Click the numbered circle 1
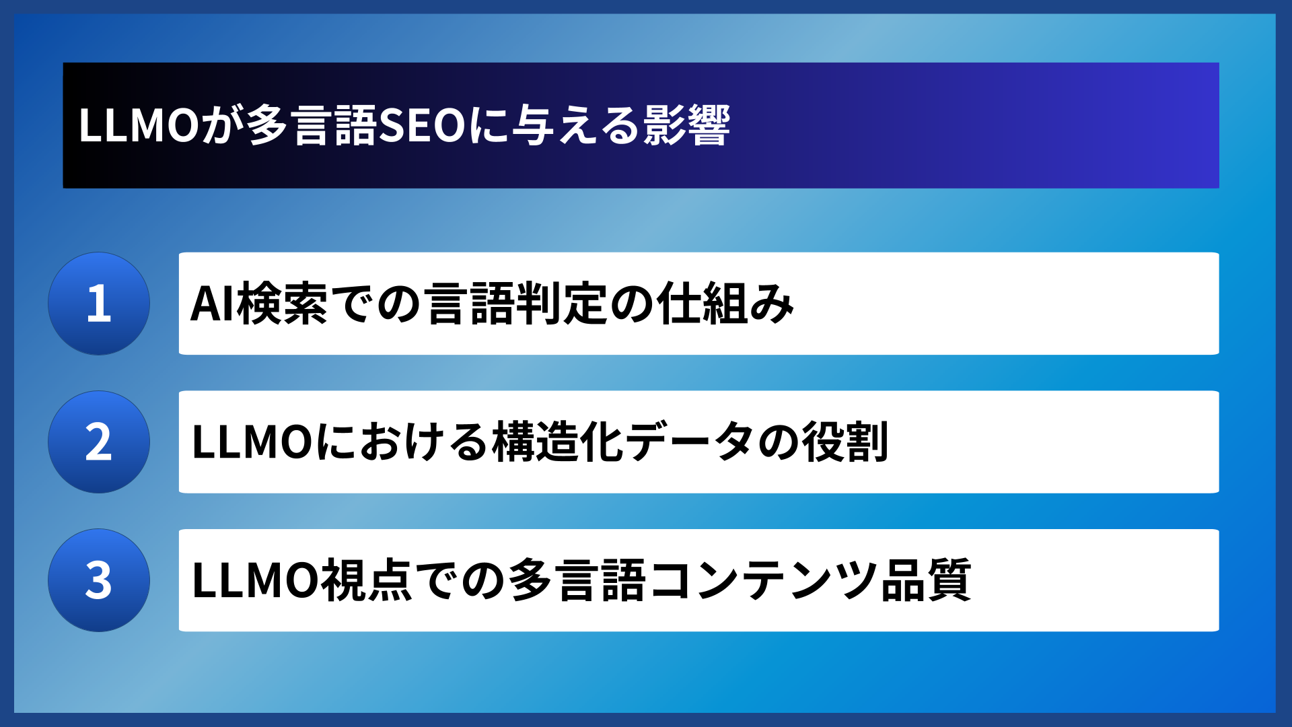99,304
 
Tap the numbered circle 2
99,442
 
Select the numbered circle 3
99,580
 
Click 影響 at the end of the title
686,126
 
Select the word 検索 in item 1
282,304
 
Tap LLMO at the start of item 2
252,443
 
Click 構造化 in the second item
559,443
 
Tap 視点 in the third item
367,581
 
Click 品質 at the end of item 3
926,581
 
